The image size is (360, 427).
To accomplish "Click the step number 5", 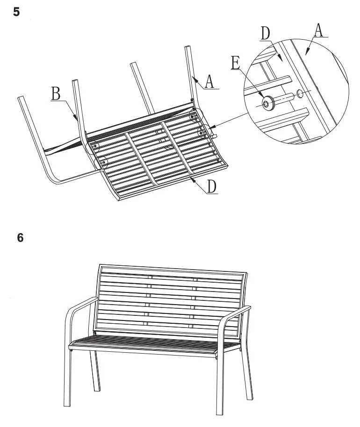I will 17,12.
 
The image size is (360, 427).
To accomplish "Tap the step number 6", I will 20,237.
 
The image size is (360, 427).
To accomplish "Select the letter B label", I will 56,95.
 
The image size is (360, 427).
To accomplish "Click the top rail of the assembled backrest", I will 173,269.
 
